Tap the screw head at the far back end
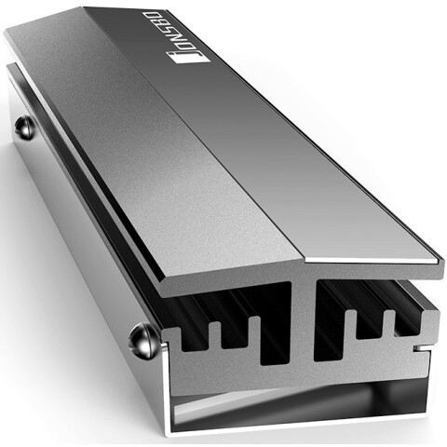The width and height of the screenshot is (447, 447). tap(24, 128)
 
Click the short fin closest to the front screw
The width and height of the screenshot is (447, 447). tap(214, 335)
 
